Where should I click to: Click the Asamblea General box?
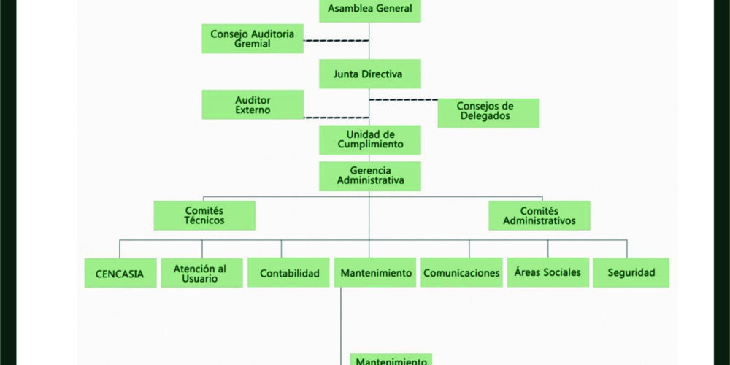coord(370,9)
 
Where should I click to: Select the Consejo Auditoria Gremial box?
coord(253,39)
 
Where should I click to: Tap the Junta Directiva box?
coord(369,74)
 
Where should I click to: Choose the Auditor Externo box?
coord(253,104)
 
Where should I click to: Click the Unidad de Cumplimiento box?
coord(370,139)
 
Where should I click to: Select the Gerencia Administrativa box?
coord(370,176)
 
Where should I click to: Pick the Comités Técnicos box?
coord(204,215)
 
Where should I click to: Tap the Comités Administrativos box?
coord(539,215)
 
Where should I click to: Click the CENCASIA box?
coord(120,274)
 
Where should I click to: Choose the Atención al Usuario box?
coord(201,273)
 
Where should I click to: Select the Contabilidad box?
coord(289,273)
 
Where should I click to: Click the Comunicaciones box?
coord(461,273)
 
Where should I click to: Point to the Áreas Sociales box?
coord(547,272)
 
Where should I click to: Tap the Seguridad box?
coord(631,273)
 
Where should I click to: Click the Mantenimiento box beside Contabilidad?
coord(375,273)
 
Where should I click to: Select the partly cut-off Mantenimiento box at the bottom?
coord(391,360)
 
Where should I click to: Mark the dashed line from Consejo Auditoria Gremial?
coord(336,41)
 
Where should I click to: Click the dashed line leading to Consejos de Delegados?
coord(403,99)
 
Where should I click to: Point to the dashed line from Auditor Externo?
coord(336,117)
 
